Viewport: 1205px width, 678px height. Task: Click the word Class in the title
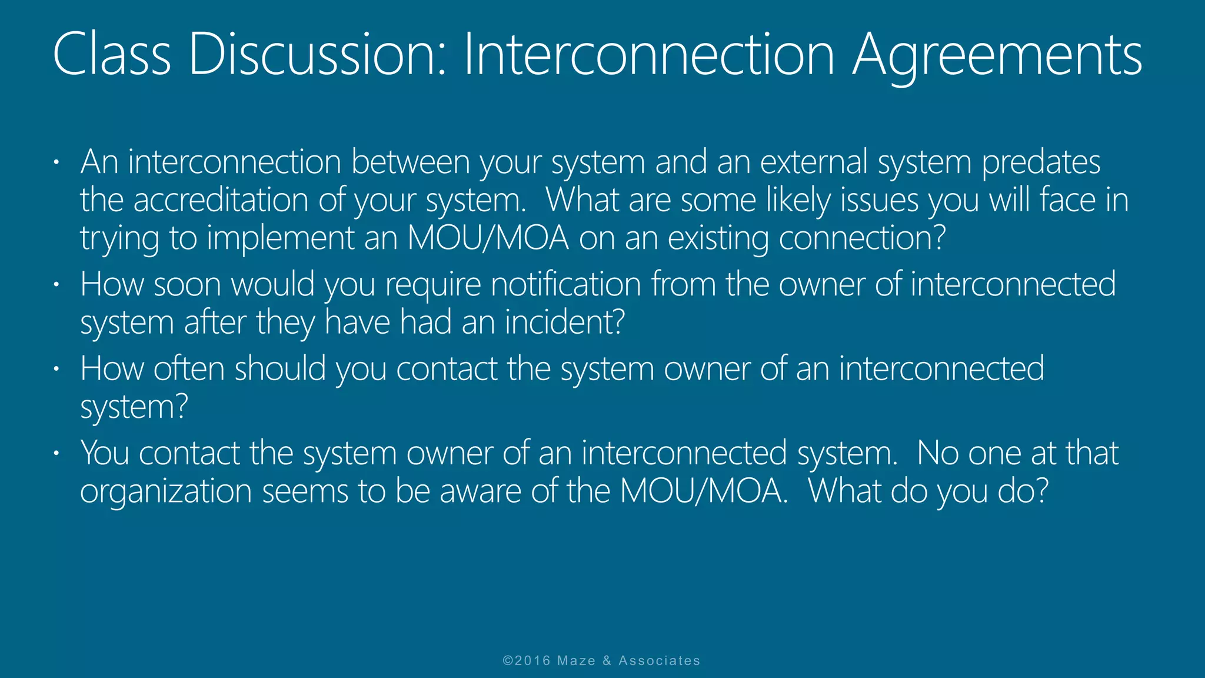(x=112, y=54)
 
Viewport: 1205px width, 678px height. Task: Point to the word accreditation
(x=221, y=200)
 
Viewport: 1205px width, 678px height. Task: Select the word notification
(x=566, y=284)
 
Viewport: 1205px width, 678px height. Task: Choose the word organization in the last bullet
(x=166, y=491)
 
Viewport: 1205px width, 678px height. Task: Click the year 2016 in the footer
(x=532, y=661)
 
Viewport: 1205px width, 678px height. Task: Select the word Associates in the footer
(x=659, y=661)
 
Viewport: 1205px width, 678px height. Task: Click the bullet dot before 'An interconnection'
(x=56, y=162)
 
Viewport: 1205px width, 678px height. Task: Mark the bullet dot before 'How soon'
(x=56, y=285)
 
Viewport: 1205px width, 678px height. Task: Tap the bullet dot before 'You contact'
(x=56, y=453)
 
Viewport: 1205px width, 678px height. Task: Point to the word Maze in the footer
(x=576, y=661)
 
